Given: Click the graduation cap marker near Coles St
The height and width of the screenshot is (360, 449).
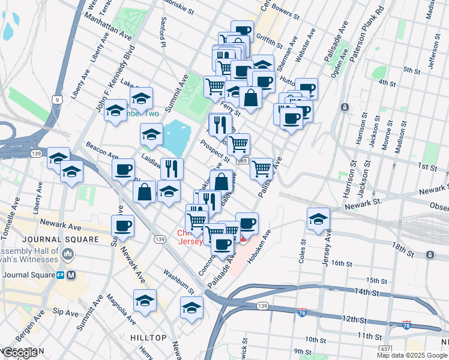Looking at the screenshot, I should (318, 220).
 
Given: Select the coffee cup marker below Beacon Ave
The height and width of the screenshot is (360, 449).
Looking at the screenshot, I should (123, 170).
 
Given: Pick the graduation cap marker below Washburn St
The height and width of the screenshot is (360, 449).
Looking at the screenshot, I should (191, 308).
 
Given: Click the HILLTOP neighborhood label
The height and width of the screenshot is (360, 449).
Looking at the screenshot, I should (148, 338).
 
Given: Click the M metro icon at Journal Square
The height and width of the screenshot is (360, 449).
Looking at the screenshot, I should (71, 275).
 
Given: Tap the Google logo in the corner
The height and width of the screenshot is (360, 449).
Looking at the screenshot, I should (20, 352).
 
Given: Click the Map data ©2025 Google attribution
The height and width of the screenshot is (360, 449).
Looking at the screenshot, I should (412, 355).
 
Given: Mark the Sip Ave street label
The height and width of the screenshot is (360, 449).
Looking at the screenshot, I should (65, 313).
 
